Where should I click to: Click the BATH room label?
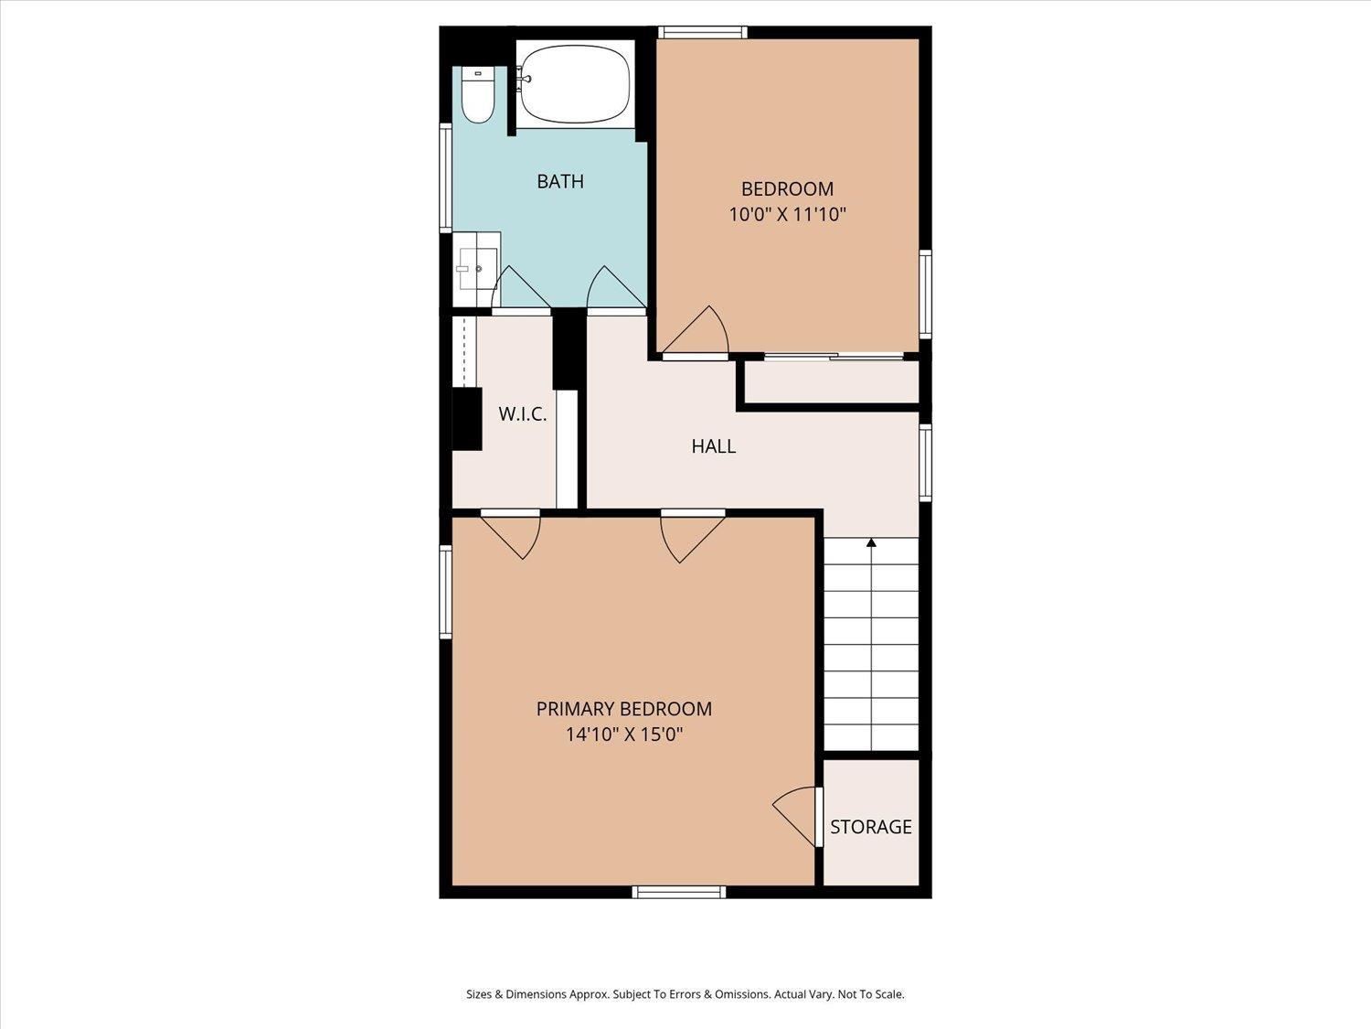pyautogui.click(x=559, y=181)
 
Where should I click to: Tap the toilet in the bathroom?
pyautogui.click(x=476, y=98)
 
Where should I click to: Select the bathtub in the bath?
pyautogui.click(x=573, y=85)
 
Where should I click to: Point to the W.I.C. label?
pyautogui.click(x=522, y=414)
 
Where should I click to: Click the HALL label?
pyautogui.click(x=713, y=446)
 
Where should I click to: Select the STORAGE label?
pyautogui.click(x=870, y=827)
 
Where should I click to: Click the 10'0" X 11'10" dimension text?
pyautogui.click(x=787, y=215)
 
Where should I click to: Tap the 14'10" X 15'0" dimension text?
pyautogui.click(x=624, y=734)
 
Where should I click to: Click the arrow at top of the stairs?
pyautogui.click(x=871, y=543)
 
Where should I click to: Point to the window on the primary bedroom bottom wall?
pyautogui.click(x=679, y=891)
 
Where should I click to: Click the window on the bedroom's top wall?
pyautogui.click(x=703, y=32)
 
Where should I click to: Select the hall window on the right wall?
pyautogui.click(x=925, y=463)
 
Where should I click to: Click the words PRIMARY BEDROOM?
pyautogui.click(x=623, y=708)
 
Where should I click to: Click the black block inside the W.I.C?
pyautogui.click(x=468, y=419)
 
